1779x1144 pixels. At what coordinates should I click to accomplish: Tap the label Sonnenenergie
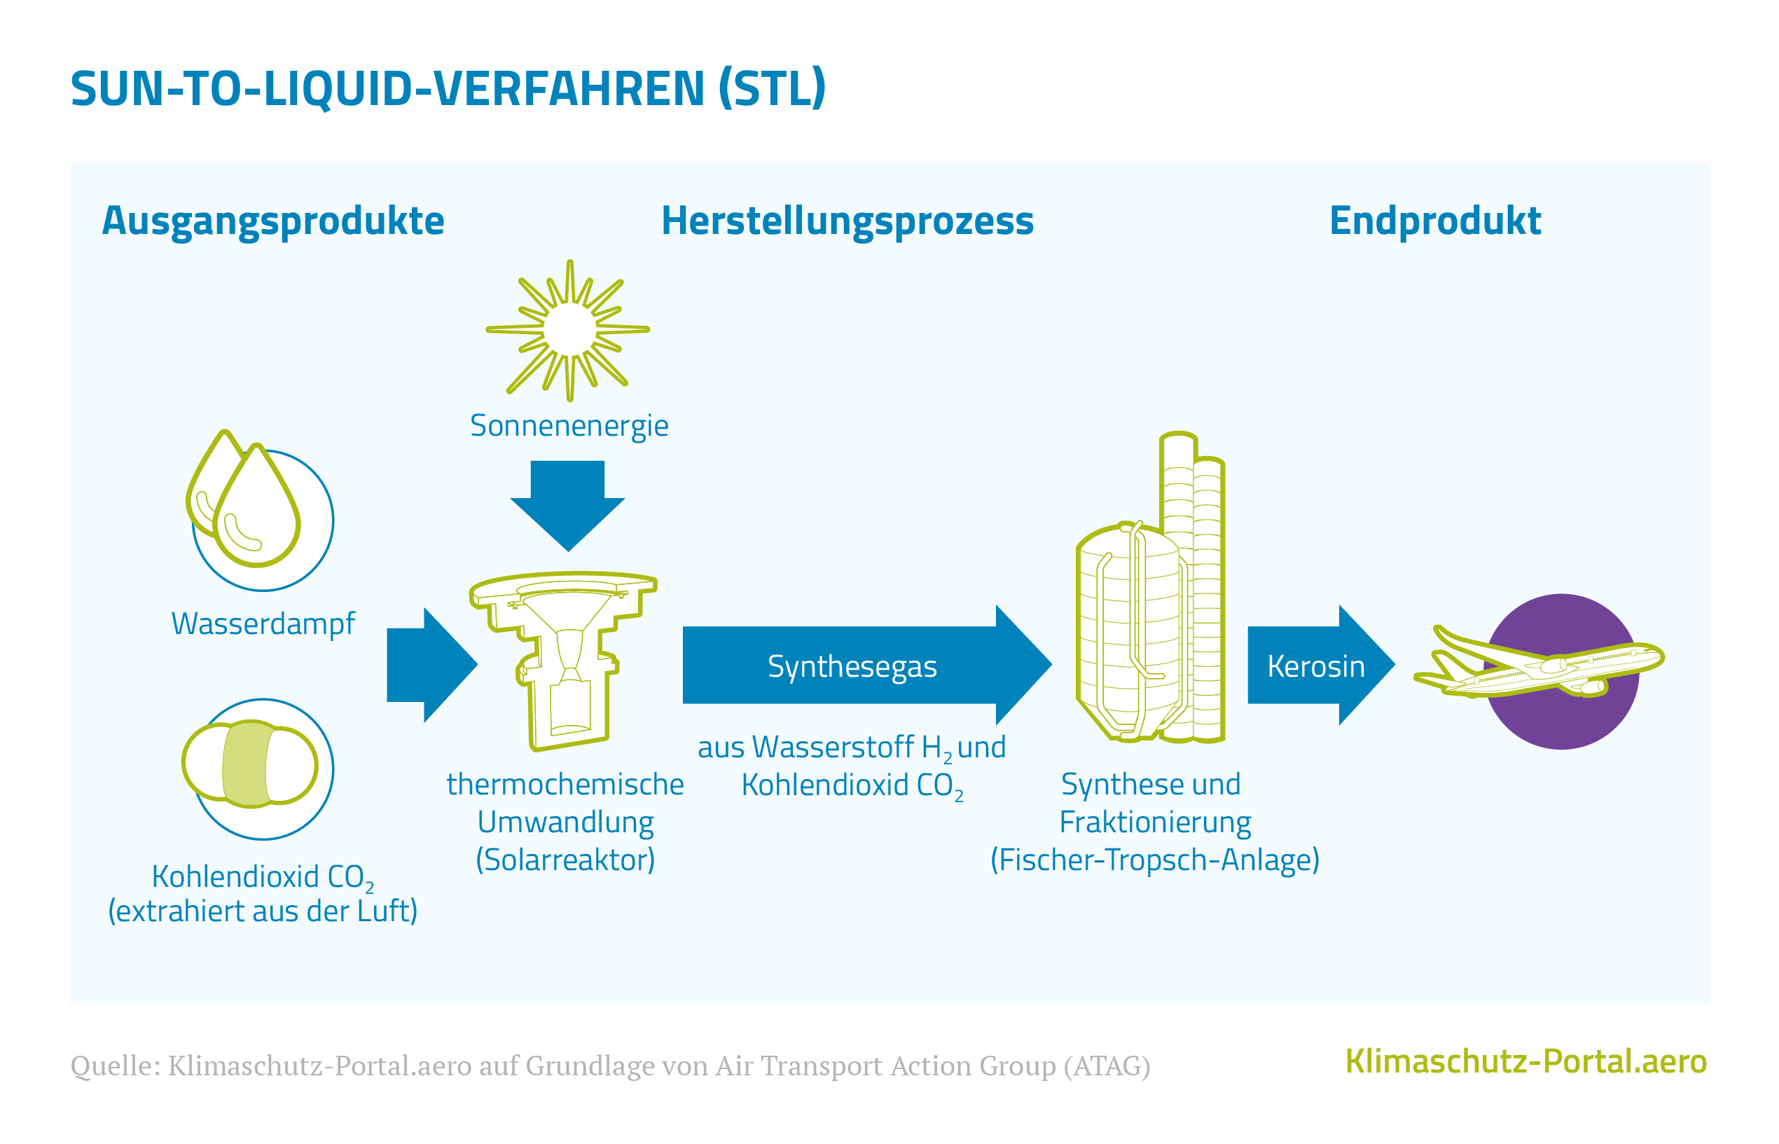(569, 427)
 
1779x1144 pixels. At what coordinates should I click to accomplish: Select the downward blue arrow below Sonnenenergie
(568, 506)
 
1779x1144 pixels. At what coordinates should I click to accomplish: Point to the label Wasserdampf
(263, 623)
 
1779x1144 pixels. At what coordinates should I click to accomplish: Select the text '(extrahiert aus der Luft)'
(263, 911)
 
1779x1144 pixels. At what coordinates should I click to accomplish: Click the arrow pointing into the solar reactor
(432, 665)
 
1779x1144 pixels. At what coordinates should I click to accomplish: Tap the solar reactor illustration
(564, 661)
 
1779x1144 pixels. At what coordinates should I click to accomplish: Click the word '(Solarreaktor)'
(565, 860)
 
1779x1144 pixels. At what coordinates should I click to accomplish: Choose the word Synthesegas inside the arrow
(852, 666)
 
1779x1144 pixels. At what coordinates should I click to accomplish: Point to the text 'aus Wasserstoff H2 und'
(852, 747)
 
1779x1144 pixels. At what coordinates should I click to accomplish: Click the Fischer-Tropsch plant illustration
(1150, 587)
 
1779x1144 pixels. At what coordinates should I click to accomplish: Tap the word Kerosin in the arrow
(1315, 666)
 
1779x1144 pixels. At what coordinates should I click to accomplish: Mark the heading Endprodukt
(1434, 221)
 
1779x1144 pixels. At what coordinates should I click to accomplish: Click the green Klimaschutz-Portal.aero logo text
(1526, 1061)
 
